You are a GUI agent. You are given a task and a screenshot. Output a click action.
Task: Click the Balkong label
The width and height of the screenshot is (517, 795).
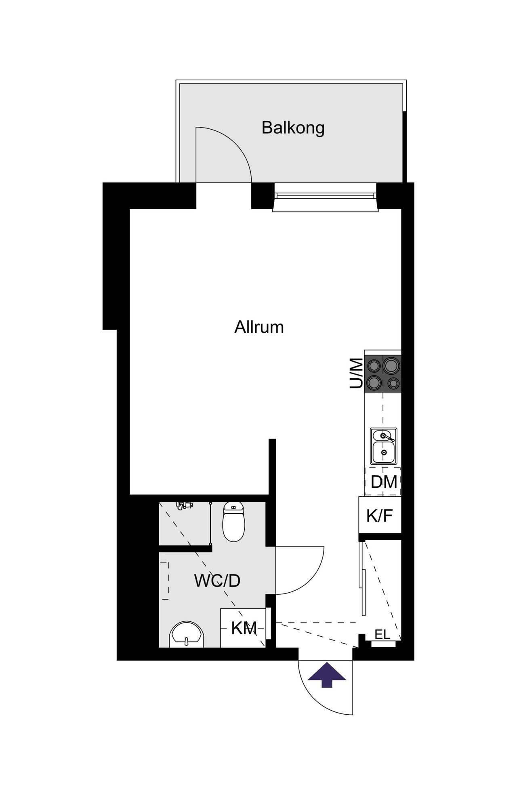(x=293, y=128)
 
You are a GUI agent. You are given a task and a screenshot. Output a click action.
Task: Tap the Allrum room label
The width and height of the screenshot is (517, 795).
(x=259, y=327)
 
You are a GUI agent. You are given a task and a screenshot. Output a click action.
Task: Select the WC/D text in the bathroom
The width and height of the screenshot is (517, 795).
(x=217, y=581)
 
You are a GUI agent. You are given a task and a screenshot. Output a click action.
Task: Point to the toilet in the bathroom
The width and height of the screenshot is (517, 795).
(x=233, y=521)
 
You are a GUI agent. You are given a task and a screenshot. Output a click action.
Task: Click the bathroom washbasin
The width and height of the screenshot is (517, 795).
(x=187, y=635)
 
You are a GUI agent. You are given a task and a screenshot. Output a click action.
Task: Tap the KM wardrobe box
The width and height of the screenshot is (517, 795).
(x=243, y=628)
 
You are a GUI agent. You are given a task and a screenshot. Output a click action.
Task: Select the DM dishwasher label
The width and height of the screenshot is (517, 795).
(x=384, y=482)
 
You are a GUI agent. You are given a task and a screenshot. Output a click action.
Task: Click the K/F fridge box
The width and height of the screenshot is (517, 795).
(x=380, y=515)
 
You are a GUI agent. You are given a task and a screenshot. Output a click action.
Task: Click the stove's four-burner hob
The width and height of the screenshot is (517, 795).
(x=383, y=373)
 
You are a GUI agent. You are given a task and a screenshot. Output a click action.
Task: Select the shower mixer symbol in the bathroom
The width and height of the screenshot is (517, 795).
(x=185, y=505)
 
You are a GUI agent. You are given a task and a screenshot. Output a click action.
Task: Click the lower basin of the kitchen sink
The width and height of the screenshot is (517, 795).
(x=384, y=453)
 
